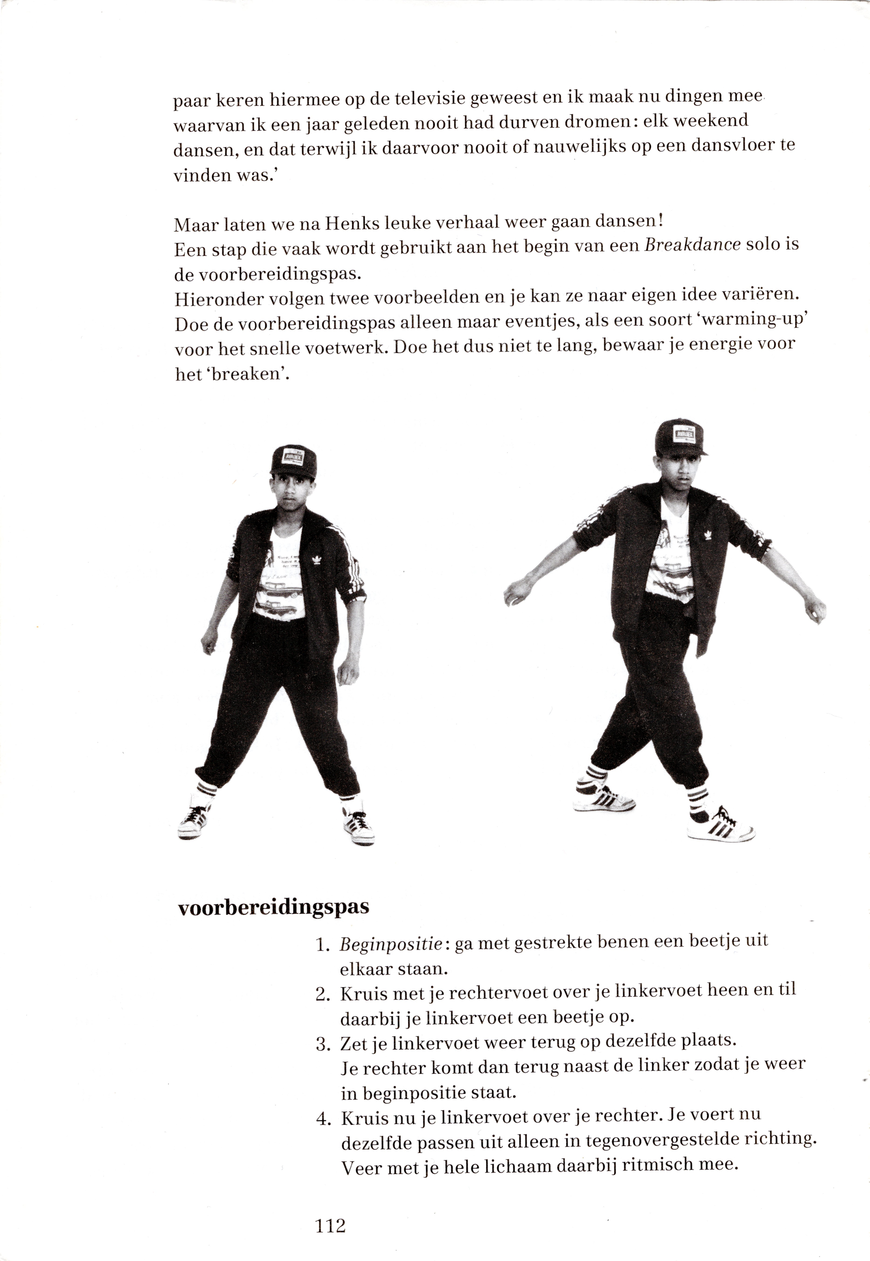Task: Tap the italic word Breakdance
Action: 692,244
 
